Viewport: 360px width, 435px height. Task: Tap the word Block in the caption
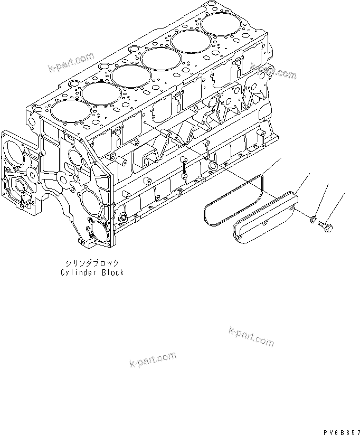(113, 272)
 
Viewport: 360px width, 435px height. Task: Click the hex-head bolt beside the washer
(323, 225)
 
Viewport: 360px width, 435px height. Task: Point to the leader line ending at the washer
(323, 198)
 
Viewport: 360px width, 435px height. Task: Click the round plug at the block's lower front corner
(124, 217)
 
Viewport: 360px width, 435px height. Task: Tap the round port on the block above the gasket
(213, 167)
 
